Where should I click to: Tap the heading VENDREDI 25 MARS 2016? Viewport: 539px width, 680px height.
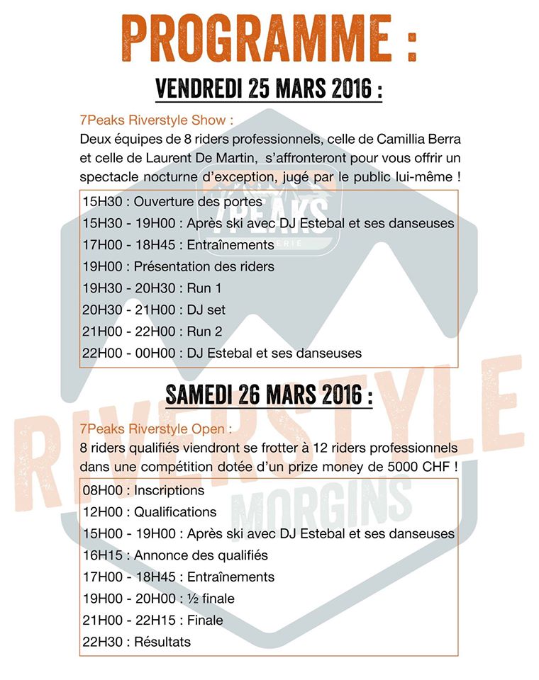click(268, 90)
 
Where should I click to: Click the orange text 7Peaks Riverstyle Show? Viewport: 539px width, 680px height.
click(157, 120)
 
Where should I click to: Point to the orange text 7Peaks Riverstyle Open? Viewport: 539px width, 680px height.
click(157, 429)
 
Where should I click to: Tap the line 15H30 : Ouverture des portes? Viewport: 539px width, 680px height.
click(172, 202)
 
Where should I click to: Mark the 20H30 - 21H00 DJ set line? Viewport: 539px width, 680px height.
click(154, 310)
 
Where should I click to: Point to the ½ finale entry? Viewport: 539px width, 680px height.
click(209, 599)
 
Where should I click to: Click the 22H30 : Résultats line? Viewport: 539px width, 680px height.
click(137, 642)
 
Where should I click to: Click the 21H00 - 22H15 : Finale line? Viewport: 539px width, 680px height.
click(152, 620)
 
